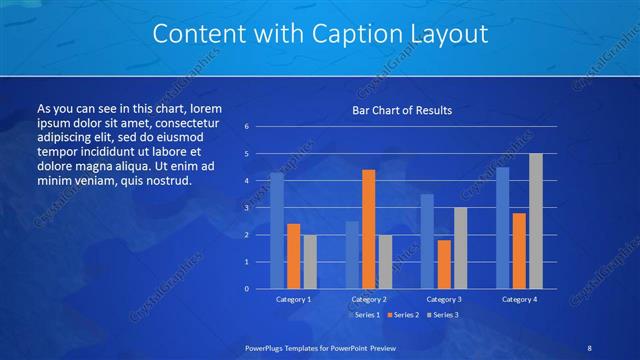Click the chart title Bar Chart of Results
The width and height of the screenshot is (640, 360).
[401, 110]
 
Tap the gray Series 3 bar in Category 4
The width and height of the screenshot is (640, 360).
[536, 221]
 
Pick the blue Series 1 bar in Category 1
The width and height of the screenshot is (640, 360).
[277, 231]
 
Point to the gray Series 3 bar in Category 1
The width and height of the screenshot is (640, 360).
[310, 262]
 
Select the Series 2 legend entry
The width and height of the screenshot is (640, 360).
[401, 315]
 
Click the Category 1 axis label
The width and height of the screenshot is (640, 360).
[293, 299]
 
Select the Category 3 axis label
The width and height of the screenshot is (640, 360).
[444, 299]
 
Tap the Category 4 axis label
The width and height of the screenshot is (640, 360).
[519, 299]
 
